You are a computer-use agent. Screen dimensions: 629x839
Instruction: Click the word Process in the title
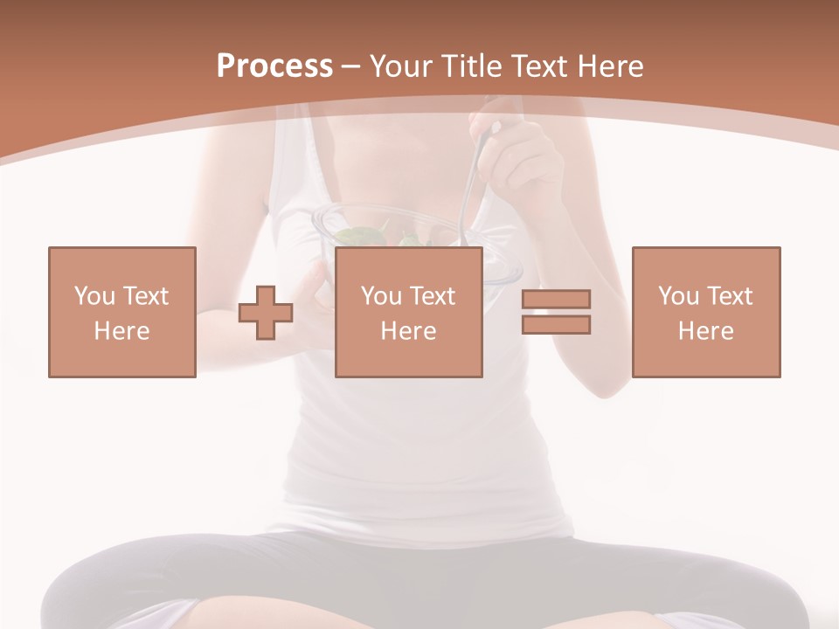point(274,66)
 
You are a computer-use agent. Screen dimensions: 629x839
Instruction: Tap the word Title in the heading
point(472,66)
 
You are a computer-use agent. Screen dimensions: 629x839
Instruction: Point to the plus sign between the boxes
point(266,313)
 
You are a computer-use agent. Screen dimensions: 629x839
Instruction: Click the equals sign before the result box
point(556,312)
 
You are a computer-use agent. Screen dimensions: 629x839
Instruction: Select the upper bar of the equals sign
point(556,299)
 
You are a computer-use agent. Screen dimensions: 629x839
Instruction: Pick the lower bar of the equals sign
point(556,325)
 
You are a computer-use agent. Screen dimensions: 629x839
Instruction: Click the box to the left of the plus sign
point(121,312)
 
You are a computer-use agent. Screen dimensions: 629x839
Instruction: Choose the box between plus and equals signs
point(408,312)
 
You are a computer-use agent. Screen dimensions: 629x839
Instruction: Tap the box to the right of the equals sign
point(705,312)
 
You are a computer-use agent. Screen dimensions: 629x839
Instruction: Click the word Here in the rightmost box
point(705,331)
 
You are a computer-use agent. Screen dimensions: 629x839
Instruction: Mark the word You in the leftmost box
point(94,296)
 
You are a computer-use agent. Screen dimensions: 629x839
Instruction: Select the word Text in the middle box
point(433,296)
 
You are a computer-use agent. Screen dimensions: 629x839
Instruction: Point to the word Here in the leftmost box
point(121,331)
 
